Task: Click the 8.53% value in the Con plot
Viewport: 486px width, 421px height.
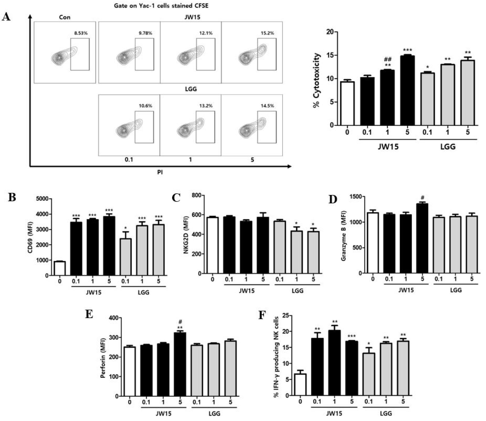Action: (81, 33)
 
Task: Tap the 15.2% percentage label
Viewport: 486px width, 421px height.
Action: (267, 33)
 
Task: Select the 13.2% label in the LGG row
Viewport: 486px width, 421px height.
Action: (206, 106)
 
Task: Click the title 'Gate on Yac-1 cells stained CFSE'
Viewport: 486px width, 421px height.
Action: (161, 5)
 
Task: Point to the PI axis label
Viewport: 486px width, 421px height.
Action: (160, 172)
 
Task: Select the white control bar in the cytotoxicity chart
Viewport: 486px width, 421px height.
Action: (347, 104)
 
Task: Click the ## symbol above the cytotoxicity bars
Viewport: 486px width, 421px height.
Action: (388, 60)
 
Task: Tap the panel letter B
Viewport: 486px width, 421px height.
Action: (12, 197)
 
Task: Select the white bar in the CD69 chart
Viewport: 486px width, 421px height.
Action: (60, 268)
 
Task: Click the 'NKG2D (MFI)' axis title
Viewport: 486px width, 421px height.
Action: (186, 235)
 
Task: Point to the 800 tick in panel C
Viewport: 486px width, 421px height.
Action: (197, 195)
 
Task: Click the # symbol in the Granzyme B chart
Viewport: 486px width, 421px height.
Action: (422, 198)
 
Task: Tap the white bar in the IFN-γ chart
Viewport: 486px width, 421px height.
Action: (300, 385)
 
